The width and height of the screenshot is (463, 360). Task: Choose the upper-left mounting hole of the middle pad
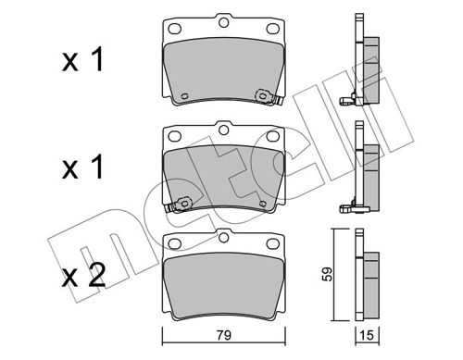(x=173, y=136)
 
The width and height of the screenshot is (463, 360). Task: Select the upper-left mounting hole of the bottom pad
(x=173, y=245)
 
